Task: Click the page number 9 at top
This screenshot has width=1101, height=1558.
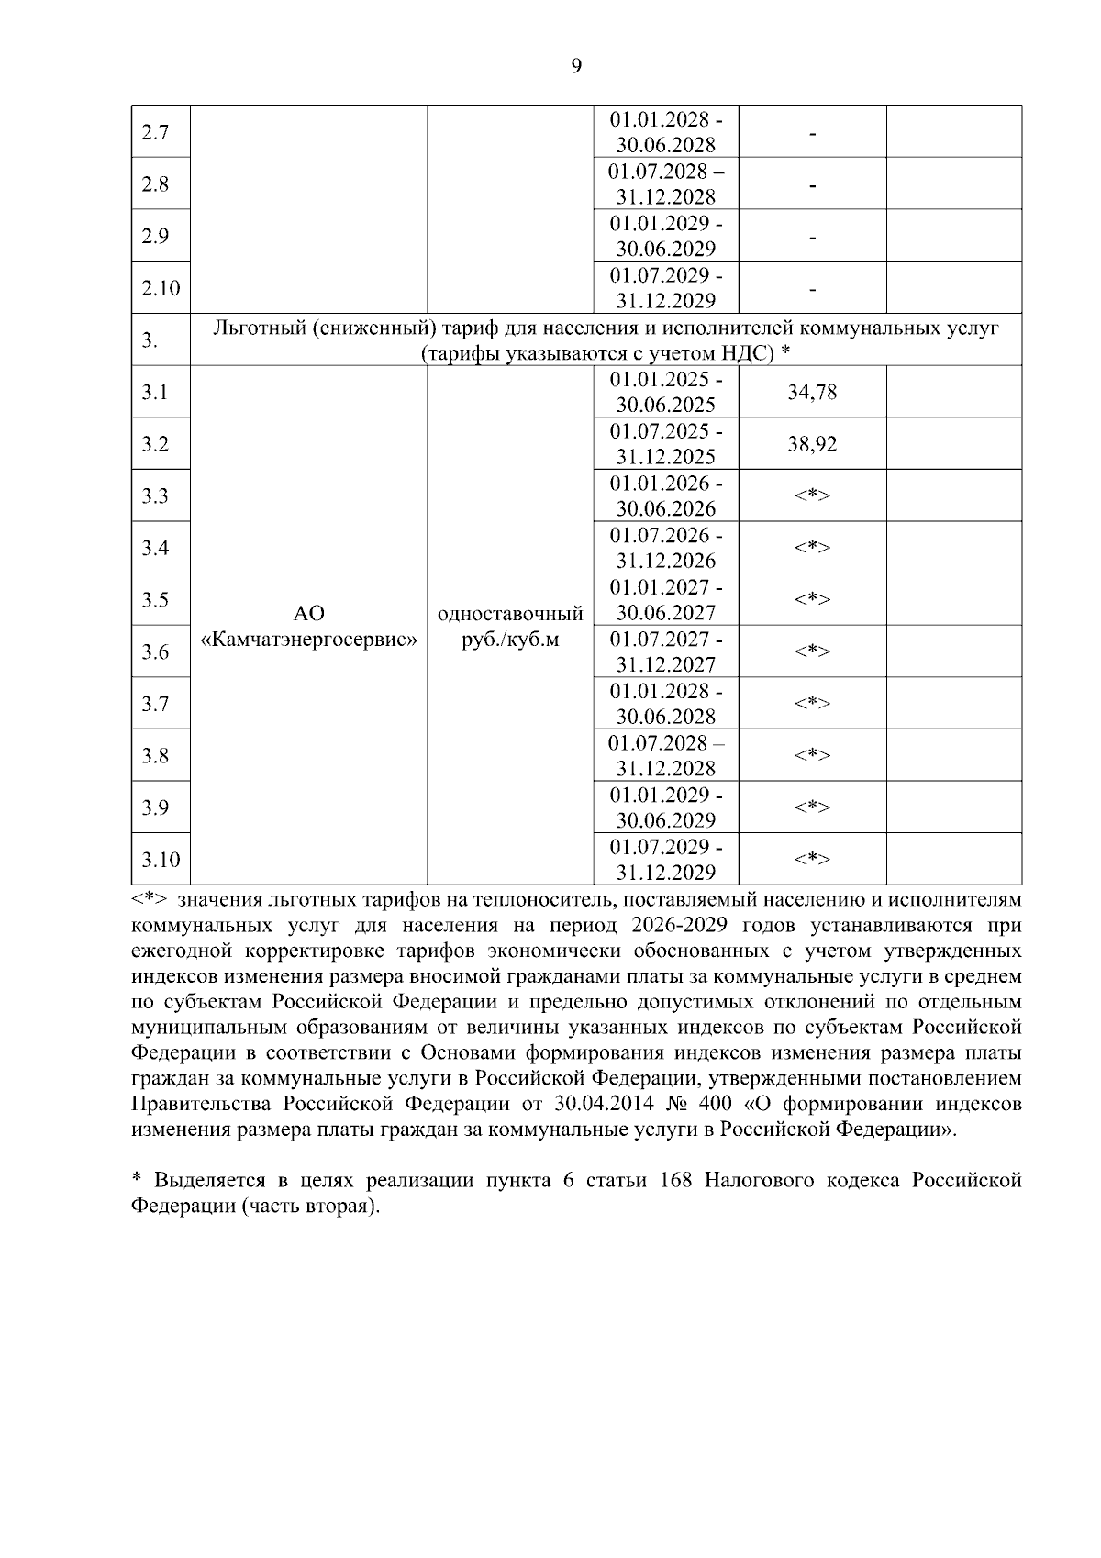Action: click(x=576, y=65)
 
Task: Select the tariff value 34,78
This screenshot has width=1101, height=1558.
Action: click(x=812, y=393)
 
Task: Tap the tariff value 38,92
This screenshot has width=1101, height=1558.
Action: click(x=812, y=445)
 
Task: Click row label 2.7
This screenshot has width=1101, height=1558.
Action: click(x=155, y=132)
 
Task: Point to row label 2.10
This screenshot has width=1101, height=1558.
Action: click(x=161, y=288)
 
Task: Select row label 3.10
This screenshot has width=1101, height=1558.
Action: click(x=161, y=860)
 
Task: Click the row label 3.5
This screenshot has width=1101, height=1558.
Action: click(x=155, y=600)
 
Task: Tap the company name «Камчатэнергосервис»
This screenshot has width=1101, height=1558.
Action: click(x=308, y=639)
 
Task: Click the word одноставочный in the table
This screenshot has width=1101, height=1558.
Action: click(x=511, y=613)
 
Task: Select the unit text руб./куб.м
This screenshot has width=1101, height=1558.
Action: click(x=511, y=639)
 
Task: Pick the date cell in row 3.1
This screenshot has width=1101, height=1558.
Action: click(x=666, y=392)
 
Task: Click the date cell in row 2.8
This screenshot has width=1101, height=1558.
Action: click(x=666, y=184)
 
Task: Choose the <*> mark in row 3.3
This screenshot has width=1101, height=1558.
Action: click(x=812, y=496)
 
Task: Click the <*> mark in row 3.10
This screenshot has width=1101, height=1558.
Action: click(x=812, y=860)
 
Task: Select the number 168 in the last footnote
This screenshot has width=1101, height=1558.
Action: click(x=676, y=1180)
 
